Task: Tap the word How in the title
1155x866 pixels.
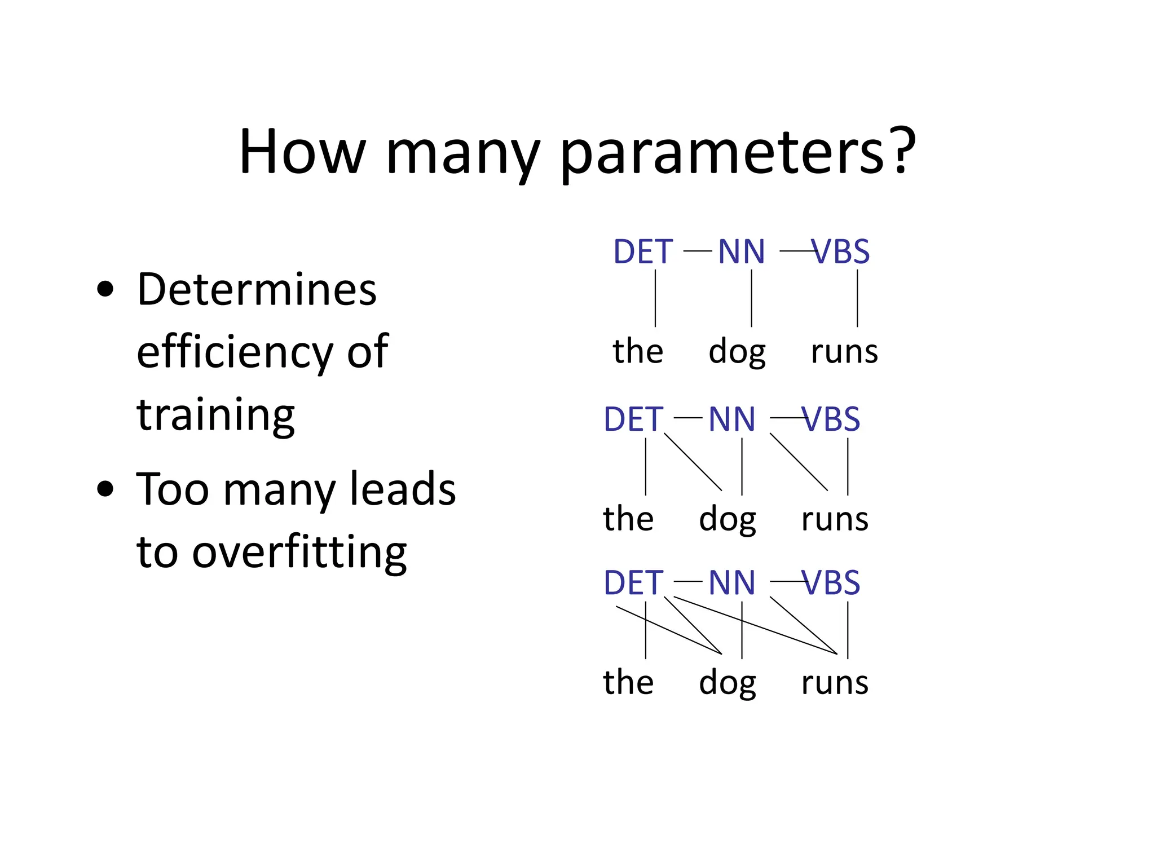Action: [x=302, y=152]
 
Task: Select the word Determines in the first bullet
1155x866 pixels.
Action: [x=257, y=290]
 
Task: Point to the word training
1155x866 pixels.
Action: [x=215, y=415]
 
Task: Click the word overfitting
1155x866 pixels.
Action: [x=299, y=552]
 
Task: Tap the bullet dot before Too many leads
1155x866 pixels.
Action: [x=105, y=489]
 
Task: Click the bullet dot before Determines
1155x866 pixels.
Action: [x=105, y=290]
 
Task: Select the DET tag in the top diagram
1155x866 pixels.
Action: [x=643, y=251]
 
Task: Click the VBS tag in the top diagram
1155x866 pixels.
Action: [x=841, y=251]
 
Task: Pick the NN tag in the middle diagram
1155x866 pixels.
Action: [x=731, y=419]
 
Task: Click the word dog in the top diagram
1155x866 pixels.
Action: [x=737, y=352]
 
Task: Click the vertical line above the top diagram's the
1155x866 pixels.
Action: [x=655, y=299]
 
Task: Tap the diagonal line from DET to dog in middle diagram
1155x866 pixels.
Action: [x=693, y=462]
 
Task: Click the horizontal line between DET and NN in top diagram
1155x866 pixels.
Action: [x=697, y=251]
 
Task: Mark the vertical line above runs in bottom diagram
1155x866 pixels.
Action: [x=848, y=630]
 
